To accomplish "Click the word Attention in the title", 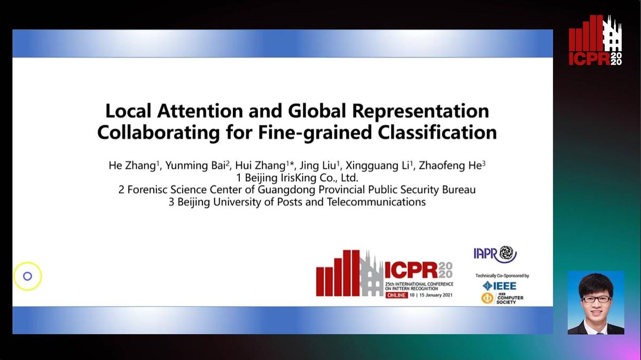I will [197, 111].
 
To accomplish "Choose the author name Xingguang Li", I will [379, 166].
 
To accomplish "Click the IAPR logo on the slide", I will [495, 254].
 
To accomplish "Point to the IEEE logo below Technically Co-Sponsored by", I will [499, 286].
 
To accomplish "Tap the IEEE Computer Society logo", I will [502, 298].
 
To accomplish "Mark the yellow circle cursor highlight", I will [27, 276].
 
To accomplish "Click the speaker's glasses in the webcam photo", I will [595, 299].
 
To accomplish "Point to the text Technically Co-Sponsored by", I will [502, 276].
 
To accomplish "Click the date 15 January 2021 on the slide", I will [434, 295].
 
